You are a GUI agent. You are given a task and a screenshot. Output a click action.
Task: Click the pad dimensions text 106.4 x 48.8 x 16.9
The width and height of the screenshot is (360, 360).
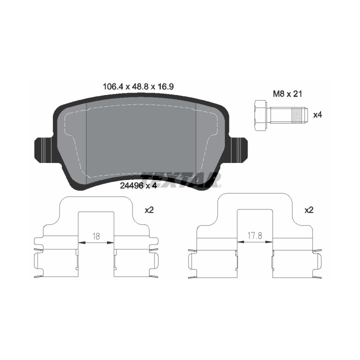pyautogui.click(x=138, y=87)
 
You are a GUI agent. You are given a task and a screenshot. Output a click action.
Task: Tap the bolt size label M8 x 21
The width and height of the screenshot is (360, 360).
pyautogui.click(x=287, y=94)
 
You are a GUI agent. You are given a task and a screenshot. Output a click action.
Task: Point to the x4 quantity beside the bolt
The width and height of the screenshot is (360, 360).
pyautogui.click(x=318, y=115)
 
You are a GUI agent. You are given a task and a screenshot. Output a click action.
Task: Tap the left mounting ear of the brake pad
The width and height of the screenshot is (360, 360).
pyautogui.click(x=45, y=149)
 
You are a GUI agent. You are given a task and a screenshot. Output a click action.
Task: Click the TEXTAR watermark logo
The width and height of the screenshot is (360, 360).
pyautogui.click(x=180, y=180)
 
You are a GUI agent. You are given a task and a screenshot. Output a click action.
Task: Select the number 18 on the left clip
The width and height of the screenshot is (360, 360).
pyautogui.click(x=96, y=236)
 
